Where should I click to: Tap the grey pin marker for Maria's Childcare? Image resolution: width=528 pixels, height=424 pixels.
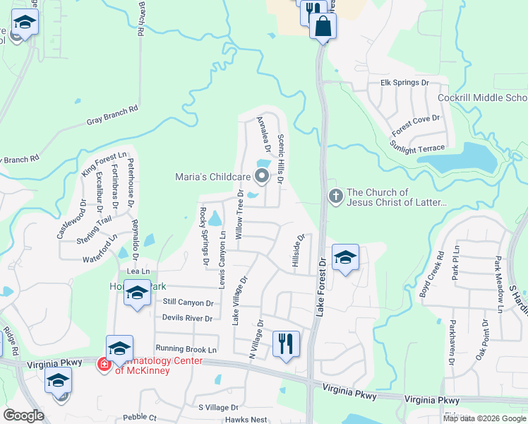point(262,175)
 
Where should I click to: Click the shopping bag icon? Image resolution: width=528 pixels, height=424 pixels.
point(323,27)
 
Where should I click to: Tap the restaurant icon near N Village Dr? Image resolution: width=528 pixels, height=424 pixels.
point(286,344)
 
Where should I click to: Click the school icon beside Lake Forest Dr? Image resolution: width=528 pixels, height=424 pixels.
point(344,257)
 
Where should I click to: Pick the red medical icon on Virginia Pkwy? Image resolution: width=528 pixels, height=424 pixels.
point(104,365)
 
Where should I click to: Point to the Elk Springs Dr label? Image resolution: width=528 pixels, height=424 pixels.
point(404,83)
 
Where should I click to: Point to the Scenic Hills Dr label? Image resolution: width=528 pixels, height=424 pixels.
point(280,160)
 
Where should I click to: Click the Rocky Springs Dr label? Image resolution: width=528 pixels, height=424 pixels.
point(204,236)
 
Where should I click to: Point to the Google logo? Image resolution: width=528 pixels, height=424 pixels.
point(24,416)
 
